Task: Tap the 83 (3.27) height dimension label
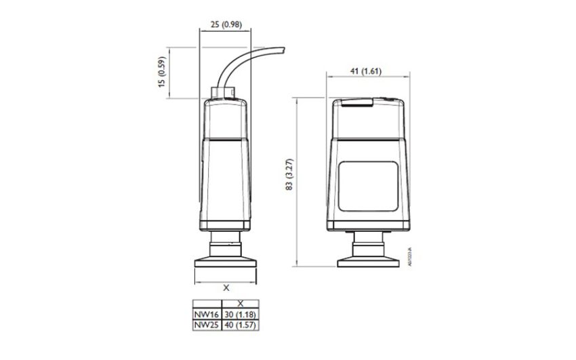290,176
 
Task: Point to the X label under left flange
226,287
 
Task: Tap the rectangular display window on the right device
367,188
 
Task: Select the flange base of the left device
226,260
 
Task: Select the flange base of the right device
367,260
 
